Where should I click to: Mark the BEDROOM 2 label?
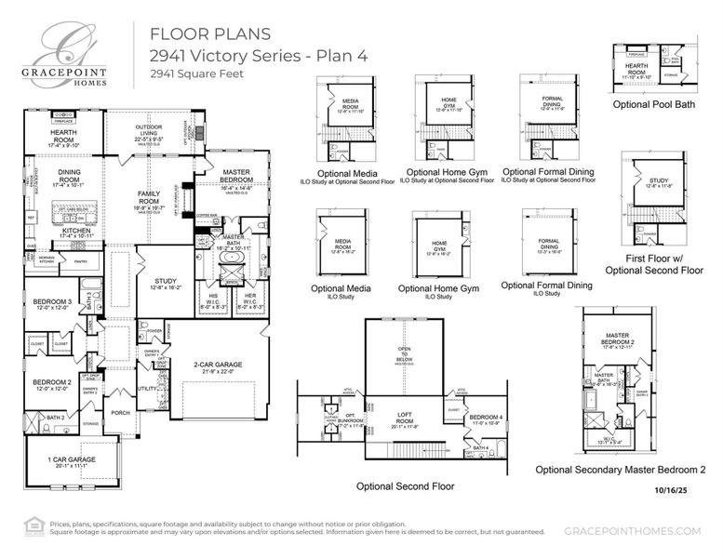tap(51, 383)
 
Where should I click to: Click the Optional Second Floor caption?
tap(406, 485)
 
